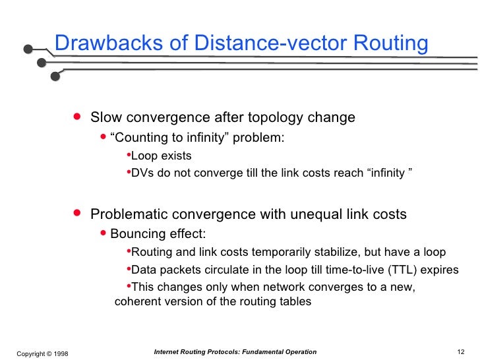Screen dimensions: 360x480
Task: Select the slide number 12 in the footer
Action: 461,352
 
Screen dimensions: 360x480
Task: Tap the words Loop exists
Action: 162,156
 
